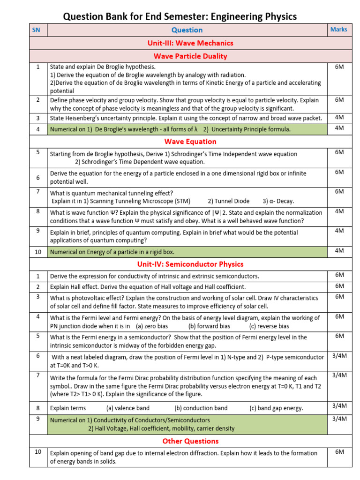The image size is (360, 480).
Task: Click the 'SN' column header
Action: [36, 30]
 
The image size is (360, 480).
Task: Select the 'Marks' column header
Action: [338, 30]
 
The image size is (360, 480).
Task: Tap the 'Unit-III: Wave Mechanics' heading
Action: [190, 43]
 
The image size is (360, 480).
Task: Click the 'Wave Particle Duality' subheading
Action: [190, 56]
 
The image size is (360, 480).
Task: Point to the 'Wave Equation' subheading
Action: [190, 142]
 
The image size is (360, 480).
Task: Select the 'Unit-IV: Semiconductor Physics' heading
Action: [190, 264]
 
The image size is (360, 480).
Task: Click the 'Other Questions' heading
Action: [190, 441]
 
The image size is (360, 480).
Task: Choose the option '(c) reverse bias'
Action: [269, 326]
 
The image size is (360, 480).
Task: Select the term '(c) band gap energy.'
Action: [276, 408]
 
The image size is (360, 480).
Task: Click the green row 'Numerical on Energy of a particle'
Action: [112, 252]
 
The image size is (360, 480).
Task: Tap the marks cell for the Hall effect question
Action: [339, 286]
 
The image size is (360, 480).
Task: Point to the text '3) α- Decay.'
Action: [278, 201]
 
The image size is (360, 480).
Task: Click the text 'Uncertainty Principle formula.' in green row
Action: [247, 129]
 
